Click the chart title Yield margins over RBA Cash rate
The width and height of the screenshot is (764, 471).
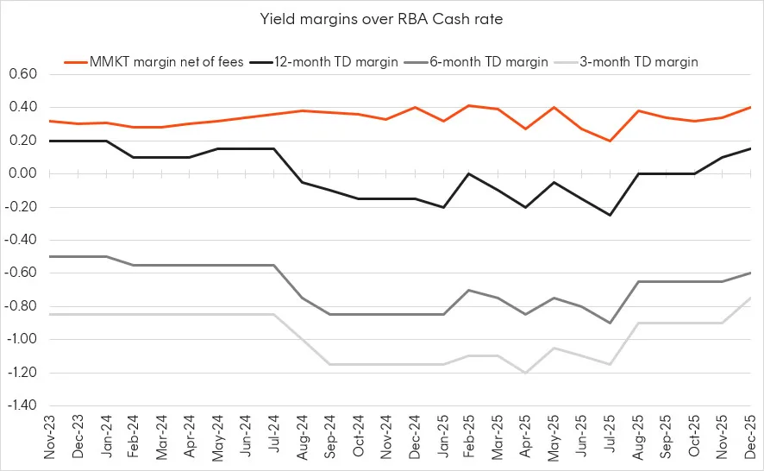[382, 17]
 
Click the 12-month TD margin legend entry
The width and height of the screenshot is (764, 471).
[332, 61]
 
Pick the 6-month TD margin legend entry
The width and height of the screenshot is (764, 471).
[489, 61]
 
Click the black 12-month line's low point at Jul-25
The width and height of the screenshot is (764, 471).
[609, 215]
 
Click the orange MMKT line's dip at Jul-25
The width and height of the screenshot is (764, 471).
[609, 141]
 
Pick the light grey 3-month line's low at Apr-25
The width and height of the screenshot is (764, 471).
[525, 373]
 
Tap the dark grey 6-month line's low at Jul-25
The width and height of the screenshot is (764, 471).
[609, 323]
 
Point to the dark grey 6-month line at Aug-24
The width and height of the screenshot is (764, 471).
[302, 298]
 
